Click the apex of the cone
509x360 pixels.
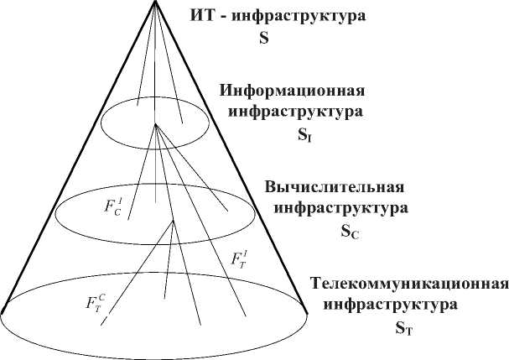(x=155, y=3)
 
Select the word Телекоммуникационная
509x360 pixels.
(x=409, y=283)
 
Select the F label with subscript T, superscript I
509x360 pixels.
(x=240, y=258)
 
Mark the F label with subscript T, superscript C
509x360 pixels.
(x=96, y=302)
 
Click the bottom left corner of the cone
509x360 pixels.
(x=3, y=313)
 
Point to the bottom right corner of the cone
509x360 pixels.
(x=309, y=313)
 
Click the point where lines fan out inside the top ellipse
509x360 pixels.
(x=155, y=125)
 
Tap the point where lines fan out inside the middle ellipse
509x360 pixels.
(x=172, y=221)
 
